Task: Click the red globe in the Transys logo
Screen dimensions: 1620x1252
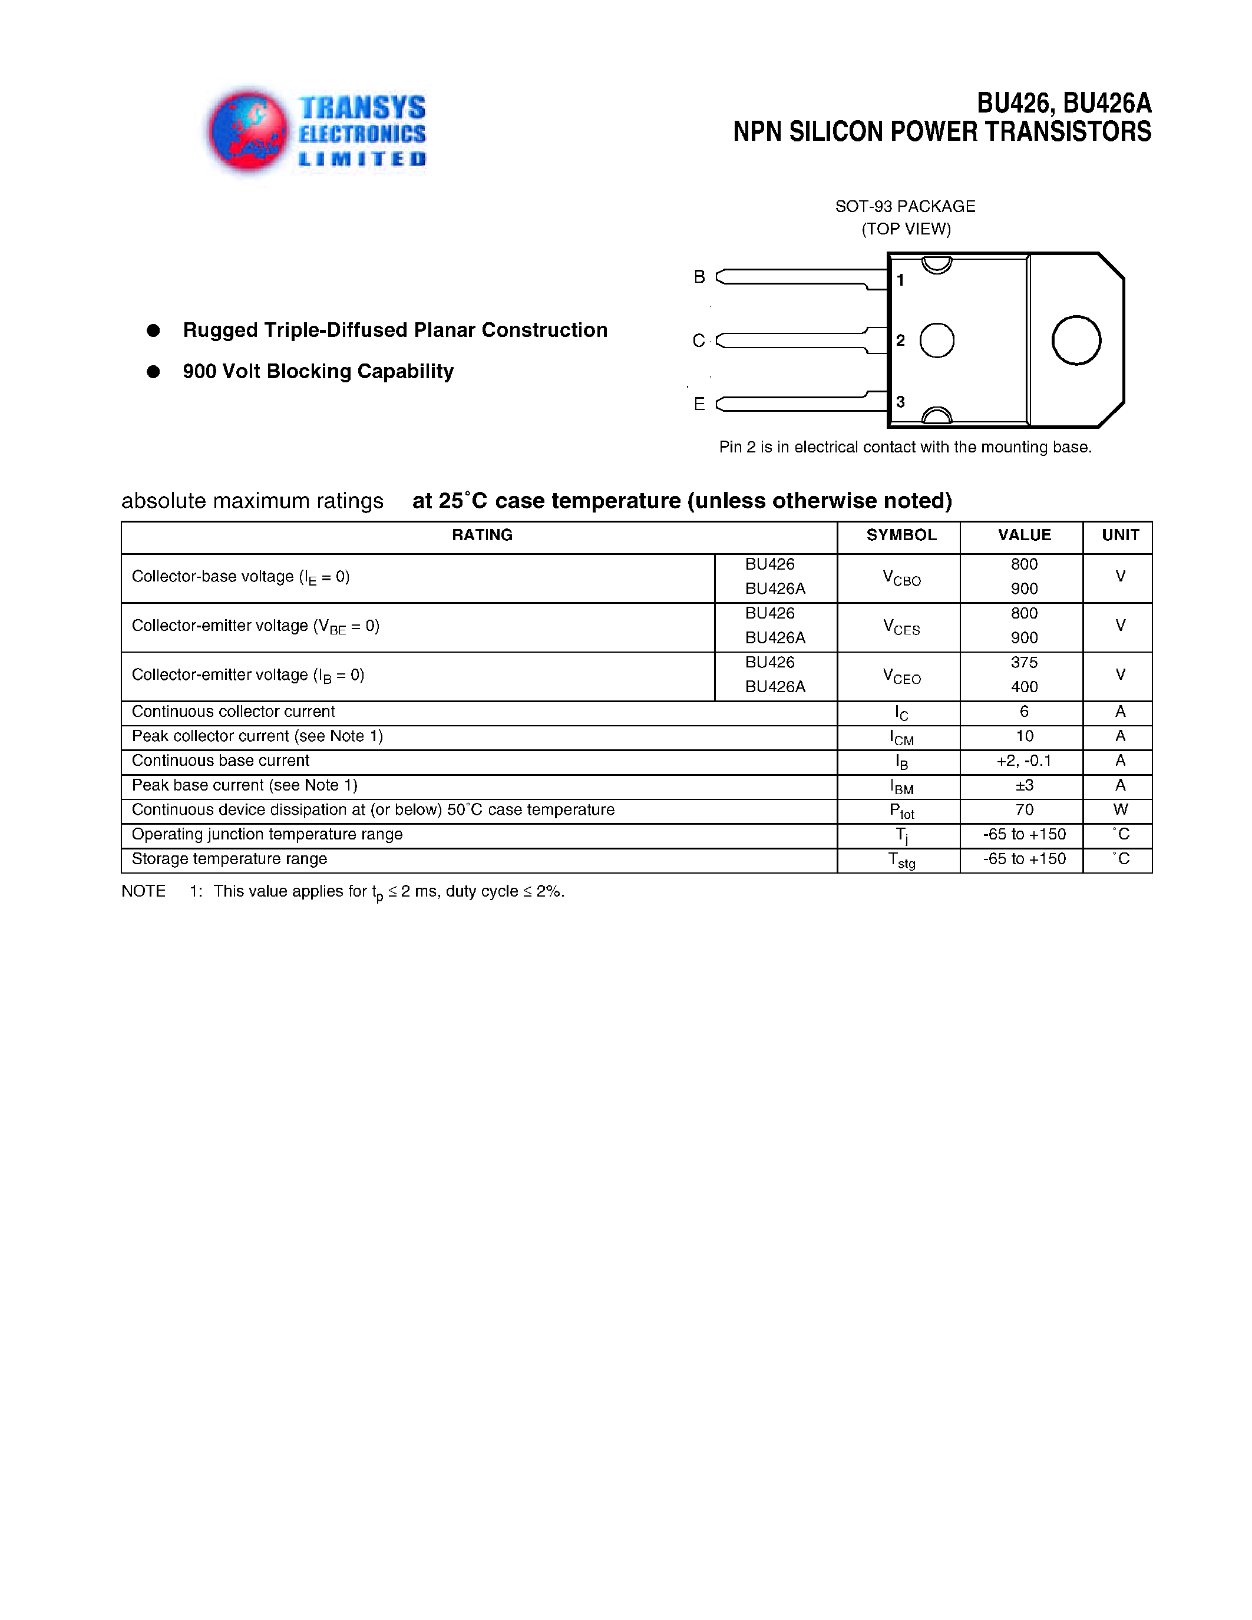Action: (x=247, y=131)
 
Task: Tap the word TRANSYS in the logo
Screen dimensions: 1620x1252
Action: (x=362, y=108)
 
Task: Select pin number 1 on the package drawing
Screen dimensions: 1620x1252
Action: (x=900, y=280)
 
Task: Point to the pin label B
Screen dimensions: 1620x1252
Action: (x=699, y=277)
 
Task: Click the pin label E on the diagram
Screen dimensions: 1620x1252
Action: (x=699, y=404)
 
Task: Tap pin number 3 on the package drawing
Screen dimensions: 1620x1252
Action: (x=900, y=402)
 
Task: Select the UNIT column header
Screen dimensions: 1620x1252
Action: (x=1120, y=535)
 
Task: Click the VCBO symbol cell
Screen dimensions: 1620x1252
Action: (x=901, y=578)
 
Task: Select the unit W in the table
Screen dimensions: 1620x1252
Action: (x=1120, y=810)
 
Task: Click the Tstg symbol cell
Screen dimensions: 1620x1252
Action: (x=901, y=861)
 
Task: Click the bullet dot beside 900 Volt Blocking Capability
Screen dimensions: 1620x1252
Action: (x=154, y=372)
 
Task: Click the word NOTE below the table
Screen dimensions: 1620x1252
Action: (x=143, y=892)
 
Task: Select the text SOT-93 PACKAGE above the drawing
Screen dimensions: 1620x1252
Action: (x=905, y=206)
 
